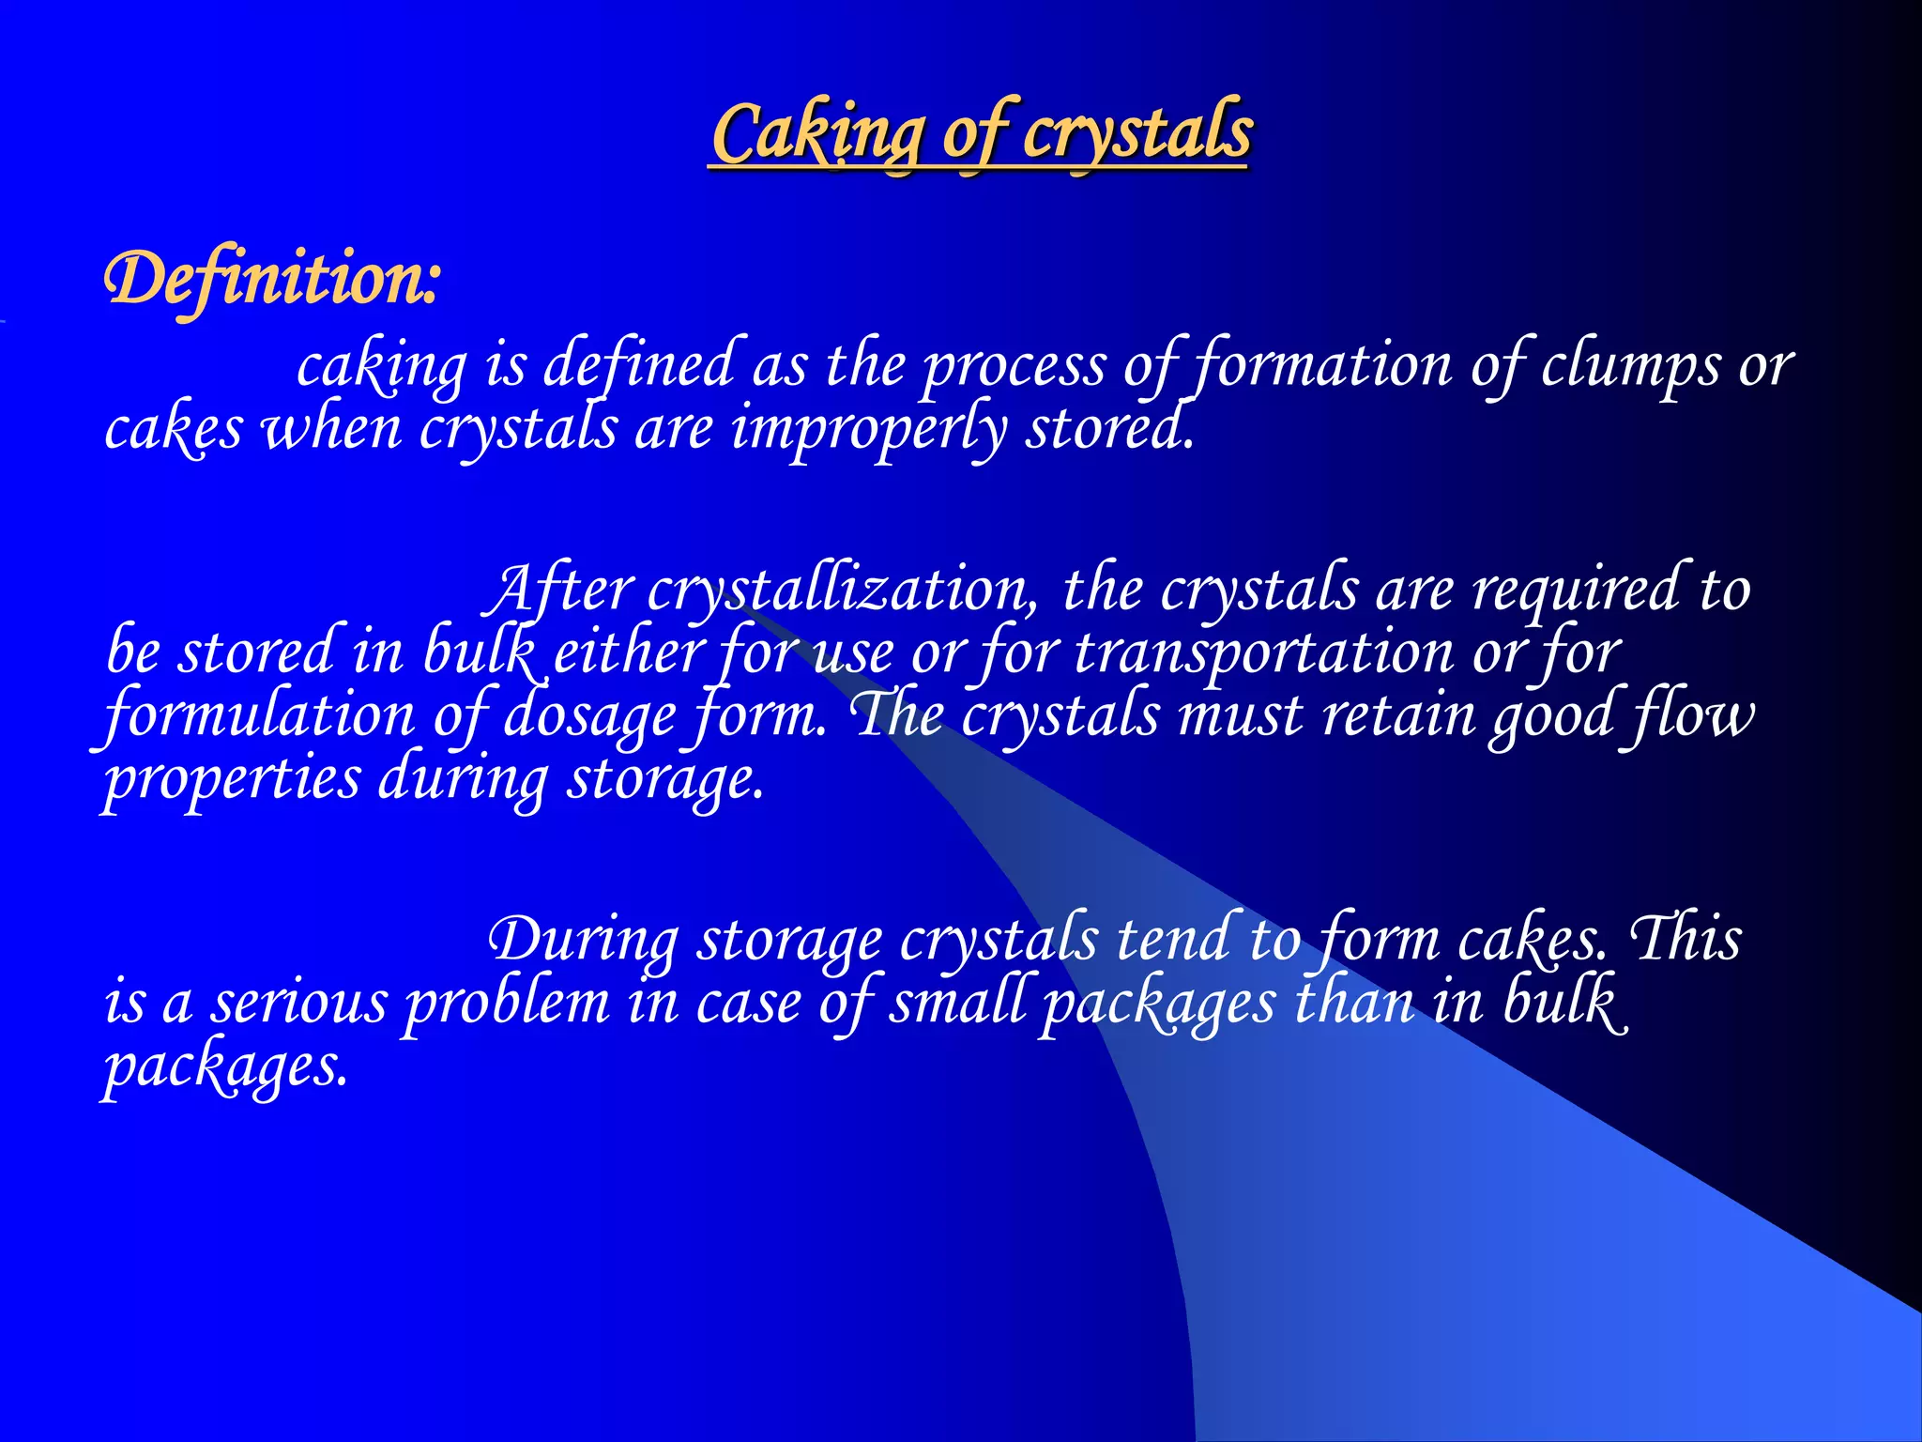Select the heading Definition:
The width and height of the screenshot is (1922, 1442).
coord(271,280)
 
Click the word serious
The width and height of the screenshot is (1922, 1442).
coord(298,1003)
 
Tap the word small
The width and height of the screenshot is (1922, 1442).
coord(957,1003)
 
